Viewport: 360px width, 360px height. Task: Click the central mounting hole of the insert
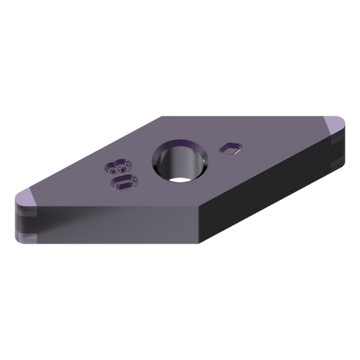click(x=180, y=161)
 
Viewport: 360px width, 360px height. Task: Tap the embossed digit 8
click(x=118, y=166)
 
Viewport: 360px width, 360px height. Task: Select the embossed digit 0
click(x=124, y=183)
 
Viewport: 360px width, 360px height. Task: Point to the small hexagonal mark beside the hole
click(x=230, y=149)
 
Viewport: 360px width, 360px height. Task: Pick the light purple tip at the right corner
click(x=335, y=126)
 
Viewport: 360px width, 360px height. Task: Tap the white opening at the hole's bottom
click(x=180, y=180)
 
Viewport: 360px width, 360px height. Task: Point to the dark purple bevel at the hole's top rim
click(x=180, y=143)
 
